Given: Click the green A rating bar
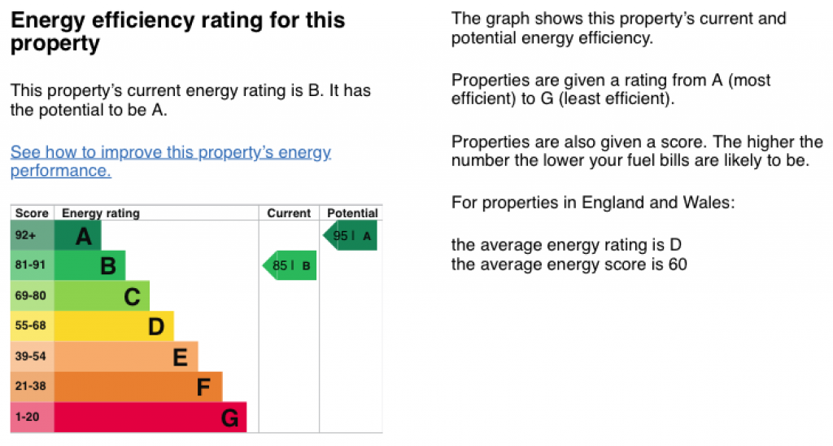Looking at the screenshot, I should point(78,236).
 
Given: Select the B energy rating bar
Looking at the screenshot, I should point(90,265).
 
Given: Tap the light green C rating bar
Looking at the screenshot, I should point(102,296).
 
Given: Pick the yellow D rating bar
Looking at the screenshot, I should point(114,326).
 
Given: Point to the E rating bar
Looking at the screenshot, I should point(126,356).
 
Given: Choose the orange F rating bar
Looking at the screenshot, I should point(138,387).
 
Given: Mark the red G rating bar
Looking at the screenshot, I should point(150,418).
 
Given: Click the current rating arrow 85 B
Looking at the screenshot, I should point(290,265).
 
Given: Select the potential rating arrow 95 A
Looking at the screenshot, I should point(351,236).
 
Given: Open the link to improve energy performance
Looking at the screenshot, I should point(170,161).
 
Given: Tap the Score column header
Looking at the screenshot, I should point(33,213).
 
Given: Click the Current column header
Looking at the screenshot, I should point(289,213).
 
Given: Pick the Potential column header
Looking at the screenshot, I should point(352,213).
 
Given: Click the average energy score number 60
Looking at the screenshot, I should point(678,264).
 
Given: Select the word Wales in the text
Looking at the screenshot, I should point(712,202).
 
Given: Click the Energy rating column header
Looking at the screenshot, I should point(101,213).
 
